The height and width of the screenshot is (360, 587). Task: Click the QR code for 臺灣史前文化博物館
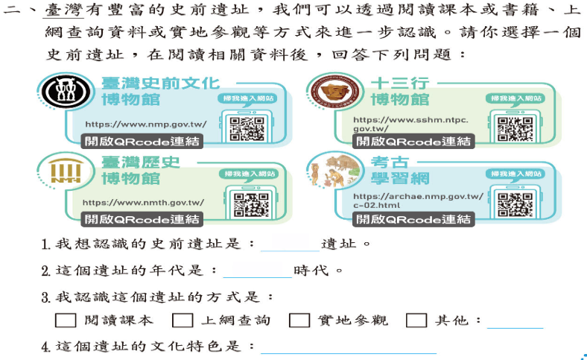coord(247,128)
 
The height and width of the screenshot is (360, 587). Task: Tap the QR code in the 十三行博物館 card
coord(515,129)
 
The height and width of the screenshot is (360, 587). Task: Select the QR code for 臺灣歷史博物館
coord(251,204)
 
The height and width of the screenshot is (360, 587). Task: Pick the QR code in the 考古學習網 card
coord(515,204)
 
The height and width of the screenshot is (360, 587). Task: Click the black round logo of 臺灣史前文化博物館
coord(66,92)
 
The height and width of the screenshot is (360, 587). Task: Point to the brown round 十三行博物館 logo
coord(335,92)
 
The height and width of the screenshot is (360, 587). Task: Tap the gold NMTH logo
coord(66,171)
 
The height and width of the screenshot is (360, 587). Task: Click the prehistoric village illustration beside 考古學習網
coord(334,171)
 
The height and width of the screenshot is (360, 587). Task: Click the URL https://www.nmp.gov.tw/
coord(145,124)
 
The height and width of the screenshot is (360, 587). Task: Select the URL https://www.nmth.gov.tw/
coord(143,203)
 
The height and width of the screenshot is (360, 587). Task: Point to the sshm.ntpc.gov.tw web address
coord(410,124)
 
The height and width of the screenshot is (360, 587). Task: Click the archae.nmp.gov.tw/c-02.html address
coord(418,200)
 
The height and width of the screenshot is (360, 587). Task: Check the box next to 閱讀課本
coord(66,320)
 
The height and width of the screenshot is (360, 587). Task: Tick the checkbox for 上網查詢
coord(183,320)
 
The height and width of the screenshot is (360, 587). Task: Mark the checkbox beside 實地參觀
coord(299,320)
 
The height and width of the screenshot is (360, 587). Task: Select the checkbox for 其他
coord(416,320)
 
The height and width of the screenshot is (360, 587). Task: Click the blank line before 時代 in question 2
coord(258,277)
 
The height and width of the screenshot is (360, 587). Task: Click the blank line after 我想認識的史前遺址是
coord(290,250)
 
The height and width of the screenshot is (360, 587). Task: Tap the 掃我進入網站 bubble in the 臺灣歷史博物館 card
coord(249,174)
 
